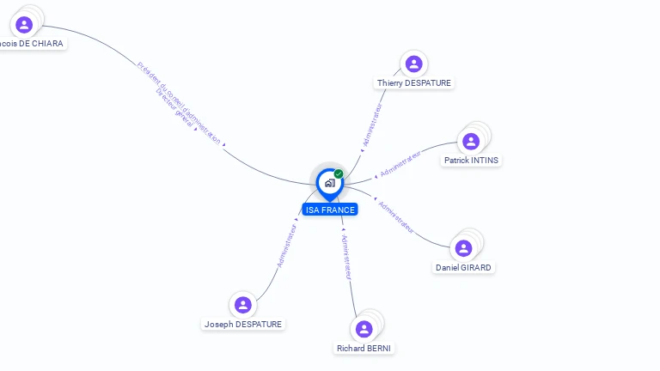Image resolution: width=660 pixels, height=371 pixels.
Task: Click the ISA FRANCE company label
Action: [329, 210]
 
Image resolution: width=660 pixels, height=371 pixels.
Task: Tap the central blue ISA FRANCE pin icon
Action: [329, 183]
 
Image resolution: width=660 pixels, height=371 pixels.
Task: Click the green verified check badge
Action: [339, 174]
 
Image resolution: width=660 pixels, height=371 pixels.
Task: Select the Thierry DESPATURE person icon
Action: [413, 64]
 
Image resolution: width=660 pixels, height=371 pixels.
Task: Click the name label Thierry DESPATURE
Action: [413, 83]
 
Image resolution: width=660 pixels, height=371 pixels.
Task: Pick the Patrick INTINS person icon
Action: [471, 142]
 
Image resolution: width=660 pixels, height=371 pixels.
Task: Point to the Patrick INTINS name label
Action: [471, 161]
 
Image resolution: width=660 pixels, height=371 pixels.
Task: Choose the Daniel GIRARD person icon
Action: [463, 248]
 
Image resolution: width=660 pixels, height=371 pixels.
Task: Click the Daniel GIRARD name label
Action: [463, 268]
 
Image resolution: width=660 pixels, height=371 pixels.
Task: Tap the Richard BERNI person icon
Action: [364, 329]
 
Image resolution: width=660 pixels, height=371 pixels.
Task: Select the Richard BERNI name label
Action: [364, 349]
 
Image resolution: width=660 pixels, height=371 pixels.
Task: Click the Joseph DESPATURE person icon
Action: [243, 304]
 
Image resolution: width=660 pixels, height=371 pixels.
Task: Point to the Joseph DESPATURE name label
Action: [243, 325]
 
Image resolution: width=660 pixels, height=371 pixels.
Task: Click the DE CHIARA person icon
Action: [24, 24]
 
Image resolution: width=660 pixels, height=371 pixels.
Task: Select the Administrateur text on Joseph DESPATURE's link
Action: [287, 246]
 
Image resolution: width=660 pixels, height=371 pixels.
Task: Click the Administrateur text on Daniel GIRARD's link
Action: [397, 217]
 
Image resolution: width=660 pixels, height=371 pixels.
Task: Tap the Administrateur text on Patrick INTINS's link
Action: [401, 163]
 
